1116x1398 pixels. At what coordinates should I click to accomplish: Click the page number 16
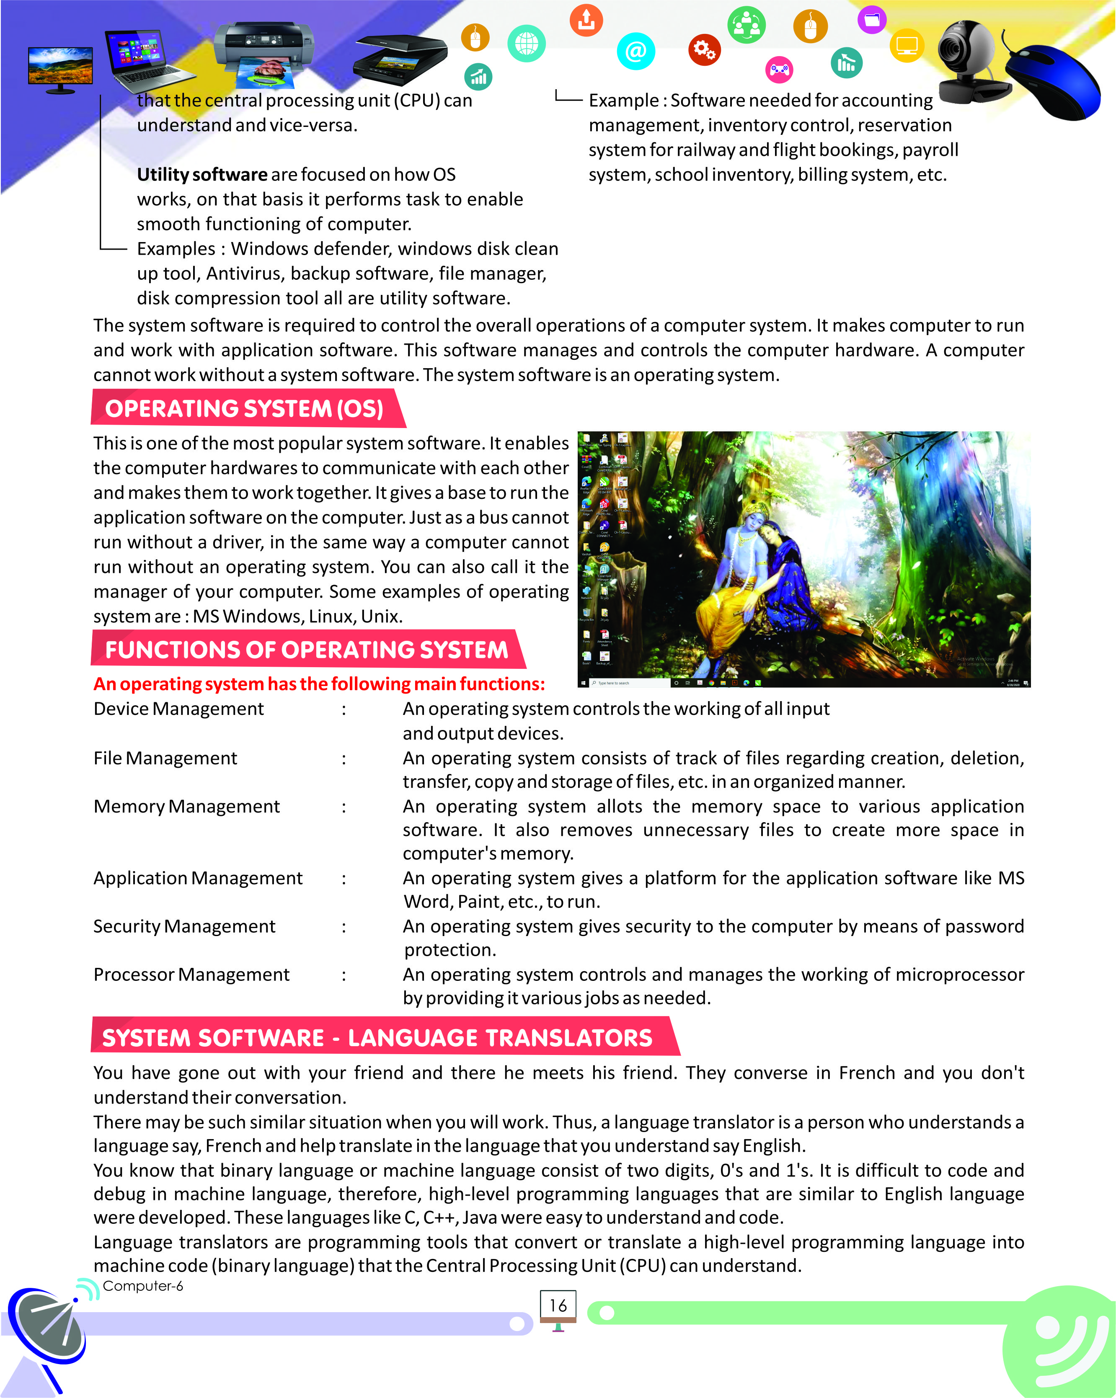click(558, 1305)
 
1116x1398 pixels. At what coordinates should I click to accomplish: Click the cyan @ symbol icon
click(635, 51)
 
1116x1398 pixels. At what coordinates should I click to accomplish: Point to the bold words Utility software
click(201, 174)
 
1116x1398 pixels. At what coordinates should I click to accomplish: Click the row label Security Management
click(184, 926)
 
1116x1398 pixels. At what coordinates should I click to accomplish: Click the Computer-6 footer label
click(143, 1286)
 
